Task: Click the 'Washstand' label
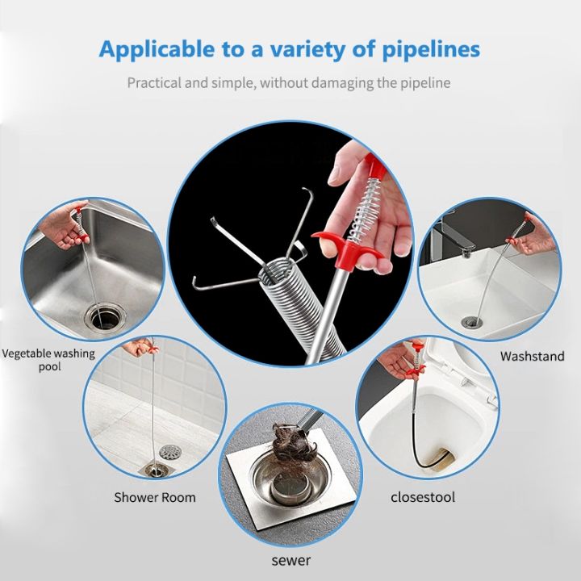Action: point(532,356)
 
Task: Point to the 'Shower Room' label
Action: point(155,497)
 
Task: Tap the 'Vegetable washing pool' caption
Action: point(48,360)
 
